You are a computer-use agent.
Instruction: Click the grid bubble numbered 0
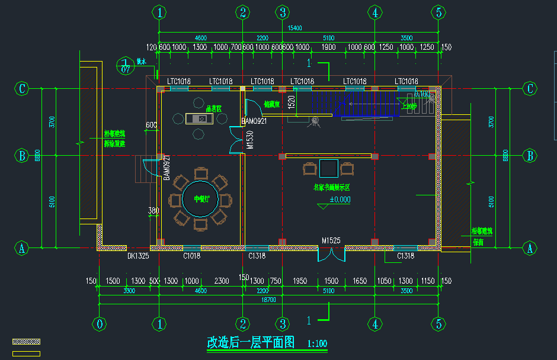coord(99,324)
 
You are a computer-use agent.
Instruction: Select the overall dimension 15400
coord(294,28)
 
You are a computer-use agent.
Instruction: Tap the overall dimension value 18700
coord(268,300)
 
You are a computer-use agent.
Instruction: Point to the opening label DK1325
coord(137,256)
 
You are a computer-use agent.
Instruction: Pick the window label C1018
coord(192,256)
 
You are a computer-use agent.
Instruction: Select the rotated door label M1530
coord(249,139)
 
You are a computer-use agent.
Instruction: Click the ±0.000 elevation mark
coord(340,200)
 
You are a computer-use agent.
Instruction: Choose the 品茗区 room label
coord(213,109)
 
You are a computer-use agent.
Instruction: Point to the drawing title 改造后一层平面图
coord(250,342)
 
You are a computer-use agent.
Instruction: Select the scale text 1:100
coord(317,343)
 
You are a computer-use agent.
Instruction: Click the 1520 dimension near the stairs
coord(291,101)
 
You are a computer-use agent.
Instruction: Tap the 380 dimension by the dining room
coord(153,210)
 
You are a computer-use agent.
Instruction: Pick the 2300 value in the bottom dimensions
coord(222,281)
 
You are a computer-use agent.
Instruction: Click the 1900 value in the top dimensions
coord(329,47)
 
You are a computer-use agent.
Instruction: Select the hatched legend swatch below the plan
coord(27,342)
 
